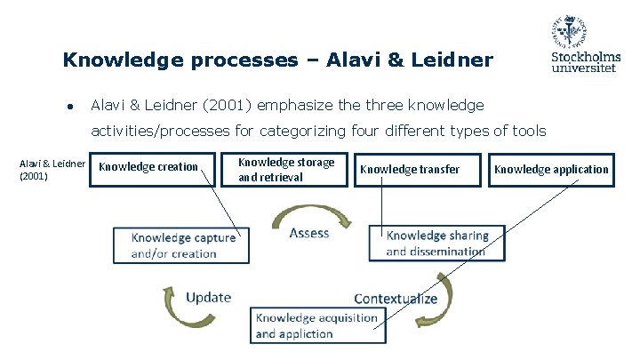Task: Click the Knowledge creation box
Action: click(149, 167)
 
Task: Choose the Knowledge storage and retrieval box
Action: click(287, 169)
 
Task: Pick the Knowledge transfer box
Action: click(411, 169)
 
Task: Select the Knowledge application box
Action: click(552, 169)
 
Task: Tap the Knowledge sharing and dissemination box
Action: click(436, 244)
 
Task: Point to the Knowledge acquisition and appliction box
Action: click(317, 325)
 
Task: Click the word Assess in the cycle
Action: click(309, 233)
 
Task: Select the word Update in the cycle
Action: click(208, 297)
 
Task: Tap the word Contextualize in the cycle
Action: click(396, 299)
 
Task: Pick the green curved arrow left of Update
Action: click(170, 303)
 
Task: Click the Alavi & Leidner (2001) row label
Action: click(52, 169)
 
